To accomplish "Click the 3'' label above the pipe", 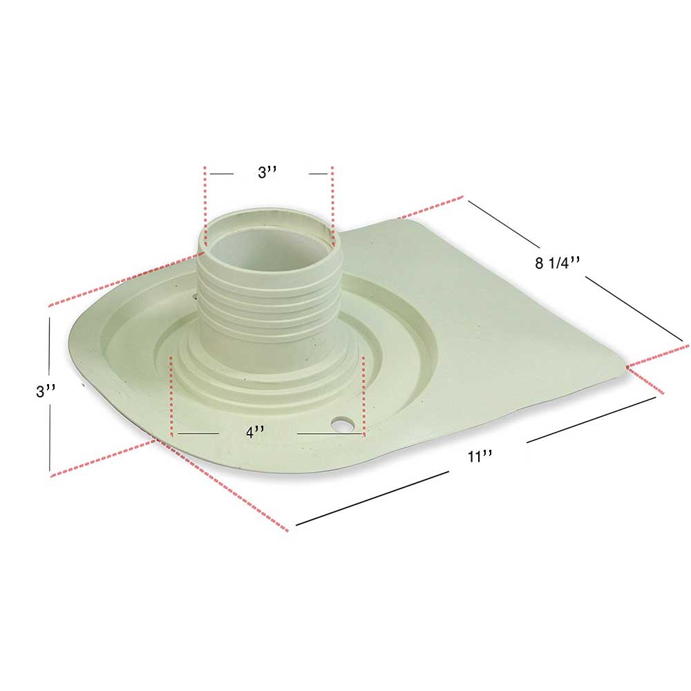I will coord(267,173).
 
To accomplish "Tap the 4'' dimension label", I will coord(256,433).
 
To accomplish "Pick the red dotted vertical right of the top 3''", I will coord(332,207).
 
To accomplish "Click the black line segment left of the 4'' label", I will coord(198,433).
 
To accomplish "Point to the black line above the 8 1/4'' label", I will coord(504,223).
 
